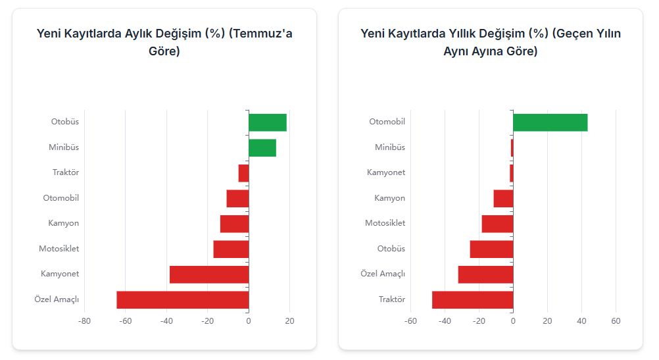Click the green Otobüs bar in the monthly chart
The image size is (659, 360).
268,122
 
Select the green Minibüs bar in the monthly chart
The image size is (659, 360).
262,148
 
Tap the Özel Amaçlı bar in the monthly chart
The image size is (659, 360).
183,299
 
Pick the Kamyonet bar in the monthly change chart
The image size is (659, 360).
209,274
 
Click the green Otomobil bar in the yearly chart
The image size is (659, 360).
550,122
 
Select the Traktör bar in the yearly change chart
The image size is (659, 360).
472,299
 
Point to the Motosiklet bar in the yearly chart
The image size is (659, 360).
497,224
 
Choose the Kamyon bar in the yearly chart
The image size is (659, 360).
503,198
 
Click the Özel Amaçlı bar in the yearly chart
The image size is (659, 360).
485,274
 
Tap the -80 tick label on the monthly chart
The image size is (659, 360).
84,321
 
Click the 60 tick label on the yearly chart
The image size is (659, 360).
616,321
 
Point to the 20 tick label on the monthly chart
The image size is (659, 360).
289,321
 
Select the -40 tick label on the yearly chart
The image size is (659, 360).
445,321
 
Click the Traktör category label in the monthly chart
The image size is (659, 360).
66,172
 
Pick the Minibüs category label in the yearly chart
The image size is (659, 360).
390,147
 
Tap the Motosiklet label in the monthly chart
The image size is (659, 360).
59,249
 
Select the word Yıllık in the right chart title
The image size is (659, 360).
465,34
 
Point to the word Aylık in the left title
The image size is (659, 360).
141,34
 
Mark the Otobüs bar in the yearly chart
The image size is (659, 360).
491,249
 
